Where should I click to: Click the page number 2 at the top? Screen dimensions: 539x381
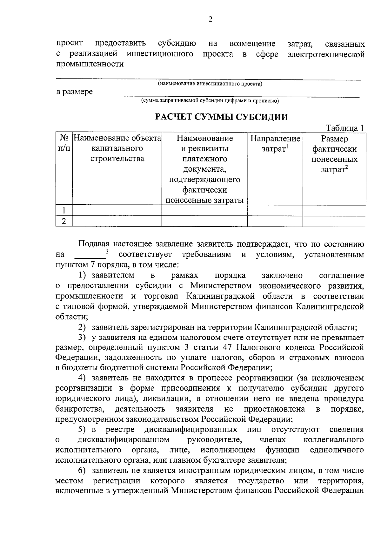(210, 20)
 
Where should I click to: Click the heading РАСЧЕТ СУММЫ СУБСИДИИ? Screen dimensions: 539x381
(221, 117)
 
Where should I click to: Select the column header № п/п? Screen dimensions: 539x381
(64, 143)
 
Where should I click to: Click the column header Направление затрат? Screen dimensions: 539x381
(275, 144)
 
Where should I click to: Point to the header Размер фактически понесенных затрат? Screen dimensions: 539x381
(334, 154)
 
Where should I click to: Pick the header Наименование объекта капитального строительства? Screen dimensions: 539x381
(117, 148)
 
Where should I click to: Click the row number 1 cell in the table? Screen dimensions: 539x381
(64, 210)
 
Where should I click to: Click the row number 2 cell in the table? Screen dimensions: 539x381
(64, 221)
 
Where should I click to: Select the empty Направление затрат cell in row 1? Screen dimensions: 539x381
(275, 210)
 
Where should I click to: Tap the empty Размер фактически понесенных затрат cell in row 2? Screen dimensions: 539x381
(334, 221)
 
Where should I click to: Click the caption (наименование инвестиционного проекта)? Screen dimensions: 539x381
(210, 84)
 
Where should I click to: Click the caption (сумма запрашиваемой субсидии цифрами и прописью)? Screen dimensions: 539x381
(210, 101)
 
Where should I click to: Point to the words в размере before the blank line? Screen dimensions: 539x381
(75, 92)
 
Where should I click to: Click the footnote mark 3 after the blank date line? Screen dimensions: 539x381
(107, 252)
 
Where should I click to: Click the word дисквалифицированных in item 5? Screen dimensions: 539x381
(190, 430)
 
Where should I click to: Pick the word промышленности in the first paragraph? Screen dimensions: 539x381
(90, 64)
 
